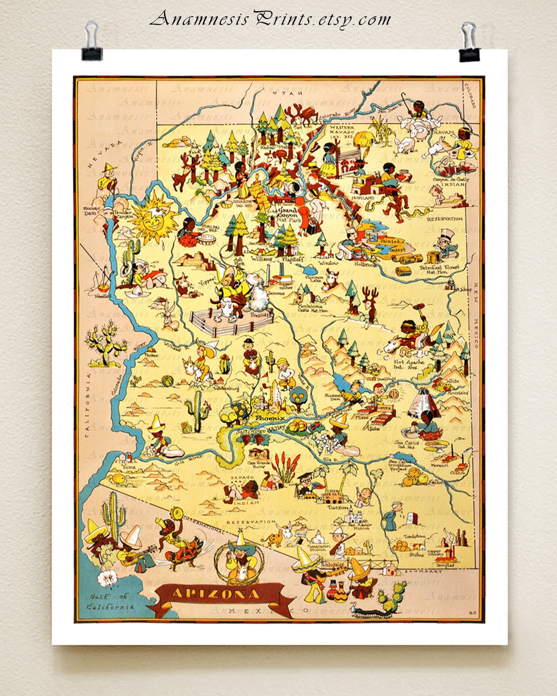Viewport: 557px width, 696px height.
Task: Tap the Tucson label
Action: pos(338,507)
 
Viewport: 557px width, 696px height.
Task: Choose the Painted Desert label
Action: pos(390,244)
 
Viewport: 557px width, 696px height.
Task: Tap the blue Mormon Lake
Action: pos(309,271)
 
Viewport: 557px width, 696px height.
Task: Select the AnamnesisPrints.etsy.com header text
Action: pos(270,19)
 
